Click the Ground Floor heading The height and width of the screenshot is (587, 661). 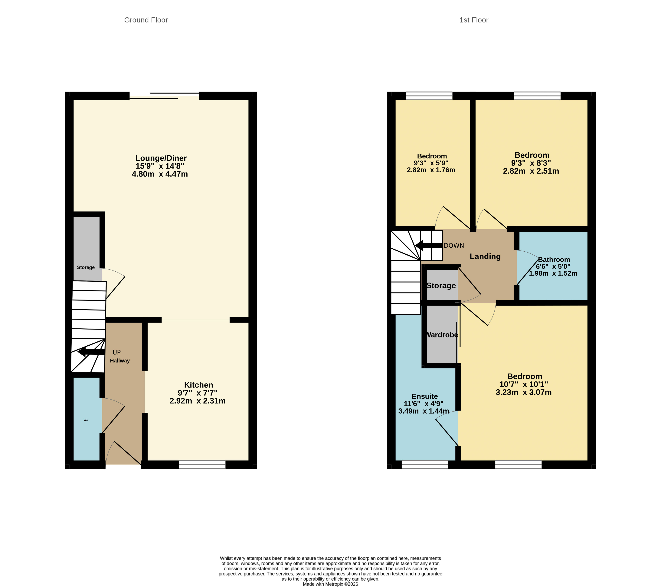click(146, 20)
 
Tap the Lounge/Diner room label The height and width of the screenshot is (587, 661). click(161, 158)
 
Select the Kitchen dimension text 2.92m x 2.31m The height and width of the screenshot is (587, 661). click(197, 401)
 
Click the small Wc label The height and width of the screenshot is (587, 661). click(86, 420)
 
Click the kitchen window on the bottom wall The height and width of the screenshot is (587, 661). click(202, 465)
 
